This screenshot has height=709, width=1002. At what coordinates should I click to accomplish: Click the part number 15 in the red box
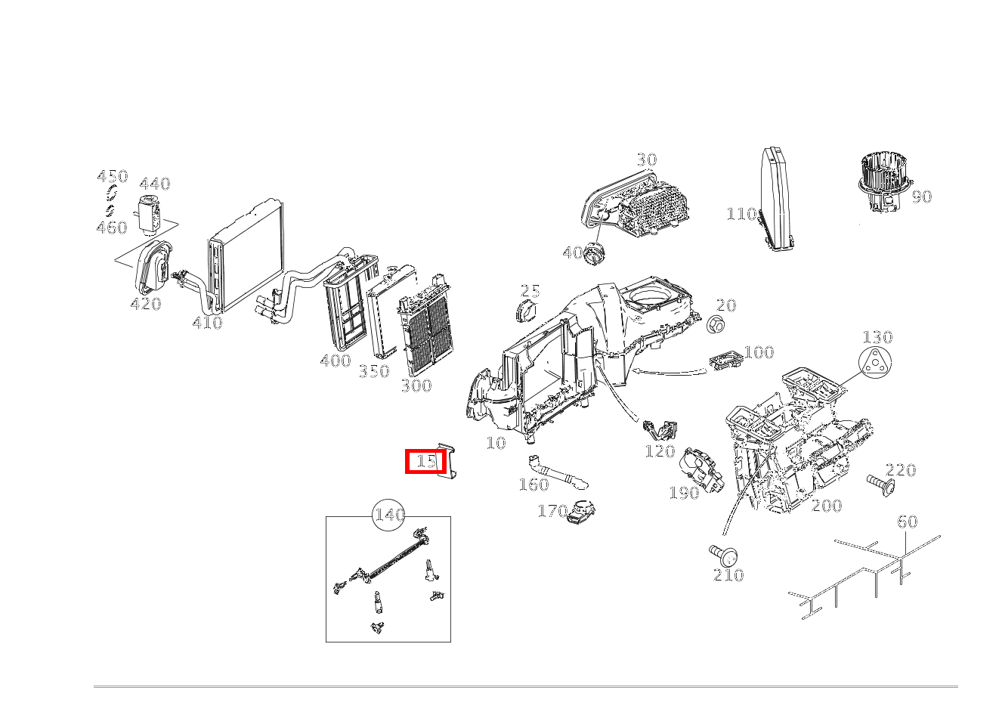tap(425, 461)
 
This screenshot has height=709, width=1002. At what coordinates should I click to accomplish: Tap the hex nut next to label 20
tap(716, 324)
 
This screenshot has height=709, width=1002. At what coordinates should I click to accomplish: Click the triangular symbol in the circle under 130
tap(874, 362)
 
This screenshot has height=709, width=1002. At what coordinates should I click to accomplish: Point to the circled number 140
tap(388, 515)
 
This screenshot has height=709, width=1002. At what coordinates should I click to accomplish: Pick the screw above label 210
tap(723, 556)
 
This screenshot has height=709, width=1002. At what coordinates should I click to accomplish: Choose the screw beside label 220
tap(880, 485)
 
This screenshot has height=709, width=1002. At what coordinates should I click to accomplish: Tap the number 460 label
tap(112, 228)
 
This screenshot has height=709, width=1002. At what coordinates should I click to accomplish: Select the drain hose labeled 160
tap(558, 472)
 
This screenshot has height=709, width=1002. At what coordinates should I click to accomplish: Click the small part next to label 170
tap(580, 511)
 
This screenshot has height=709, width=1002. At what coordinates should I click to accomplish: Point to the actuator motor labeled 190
tap(700, 469)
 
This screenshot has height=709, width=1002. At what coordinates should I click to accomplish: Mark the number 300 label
tap(416, 385)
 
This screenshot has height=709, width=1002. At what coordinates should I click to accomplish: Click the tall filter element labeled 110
tap(777, 199)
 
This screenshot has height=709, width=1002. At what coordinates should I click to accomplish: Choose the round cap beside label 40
tap(595, 254)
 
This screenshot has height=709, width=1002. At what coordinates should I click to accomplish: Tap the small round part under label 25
tap(526, 310)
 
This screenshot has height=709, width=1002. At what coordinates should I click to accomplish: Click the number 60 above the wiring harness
tap(908, 522)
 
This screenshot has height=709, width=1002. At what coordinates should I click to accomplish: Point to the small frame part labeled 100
tap(725, 360)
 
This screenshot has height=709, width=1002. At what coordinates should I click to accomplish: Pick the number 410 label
tap(208, 323)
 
